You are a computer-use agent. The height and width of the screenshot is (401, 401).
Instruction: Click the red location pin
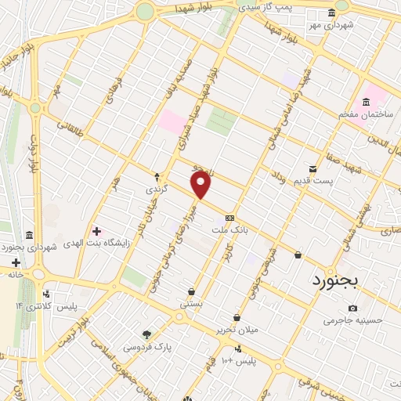pos(201,185)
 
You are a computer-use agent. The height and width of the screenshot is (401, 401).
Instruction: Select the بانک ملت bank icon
pos(229,219)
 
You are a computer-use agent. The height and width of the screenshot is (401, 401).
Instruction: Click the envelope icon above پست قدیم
pos(313,169)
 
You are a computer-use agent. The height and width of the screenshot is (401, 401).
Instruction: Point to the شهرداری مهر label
pos(332,24)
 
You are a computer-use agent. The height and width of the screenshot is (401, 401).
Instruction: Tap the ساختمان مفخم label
pos(364,114)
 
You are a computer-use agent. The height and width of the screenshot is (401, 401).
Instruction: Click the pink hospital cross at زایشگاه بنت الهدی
pos(96,231)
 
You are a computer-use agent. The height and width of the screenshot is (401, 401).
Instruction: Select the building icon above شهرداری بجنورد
pos(29,235)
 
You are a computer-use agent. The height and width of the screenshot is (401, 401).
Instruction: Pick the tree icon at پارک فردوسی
pos(146,334)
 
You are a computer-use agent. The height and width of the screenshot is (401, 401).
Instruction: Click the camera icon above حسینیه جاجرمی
pos(352,308)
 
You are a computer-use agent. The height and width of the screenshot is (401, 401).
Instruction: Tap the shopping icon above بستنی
pos(191,291)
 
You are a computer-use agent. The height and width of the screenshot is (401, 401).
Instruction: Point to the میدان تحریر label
pos(238,330)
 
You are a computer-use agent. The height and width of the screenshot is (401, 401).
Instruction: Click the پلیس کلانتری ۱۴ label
pos(49,305)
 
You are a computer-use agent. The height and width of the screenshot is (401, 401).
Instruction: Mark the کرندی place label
pos(156,190)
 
